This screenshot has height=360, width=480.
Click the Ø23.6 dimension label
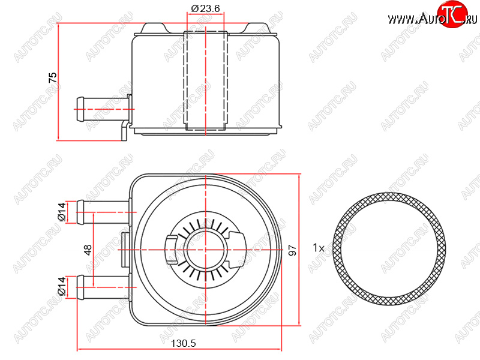[x=206, y=8]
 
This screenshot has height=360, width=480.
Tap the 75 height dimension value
[x=53, y=77]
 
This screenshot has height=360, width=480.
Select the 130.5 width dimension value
[x=184, y=343]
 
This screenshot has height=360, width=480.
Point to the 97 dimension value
[x=293, y=250]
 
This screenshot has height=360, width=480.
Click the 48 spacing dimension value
[x=88, y=250]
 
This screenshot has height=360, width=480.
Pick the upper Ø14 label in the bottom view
[x=62, y=212]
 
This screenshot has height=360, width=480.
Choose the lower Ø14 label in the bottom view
[x=62, y=286]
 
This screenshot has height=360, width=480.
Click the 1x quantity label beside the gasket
[x=319, y=247]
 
